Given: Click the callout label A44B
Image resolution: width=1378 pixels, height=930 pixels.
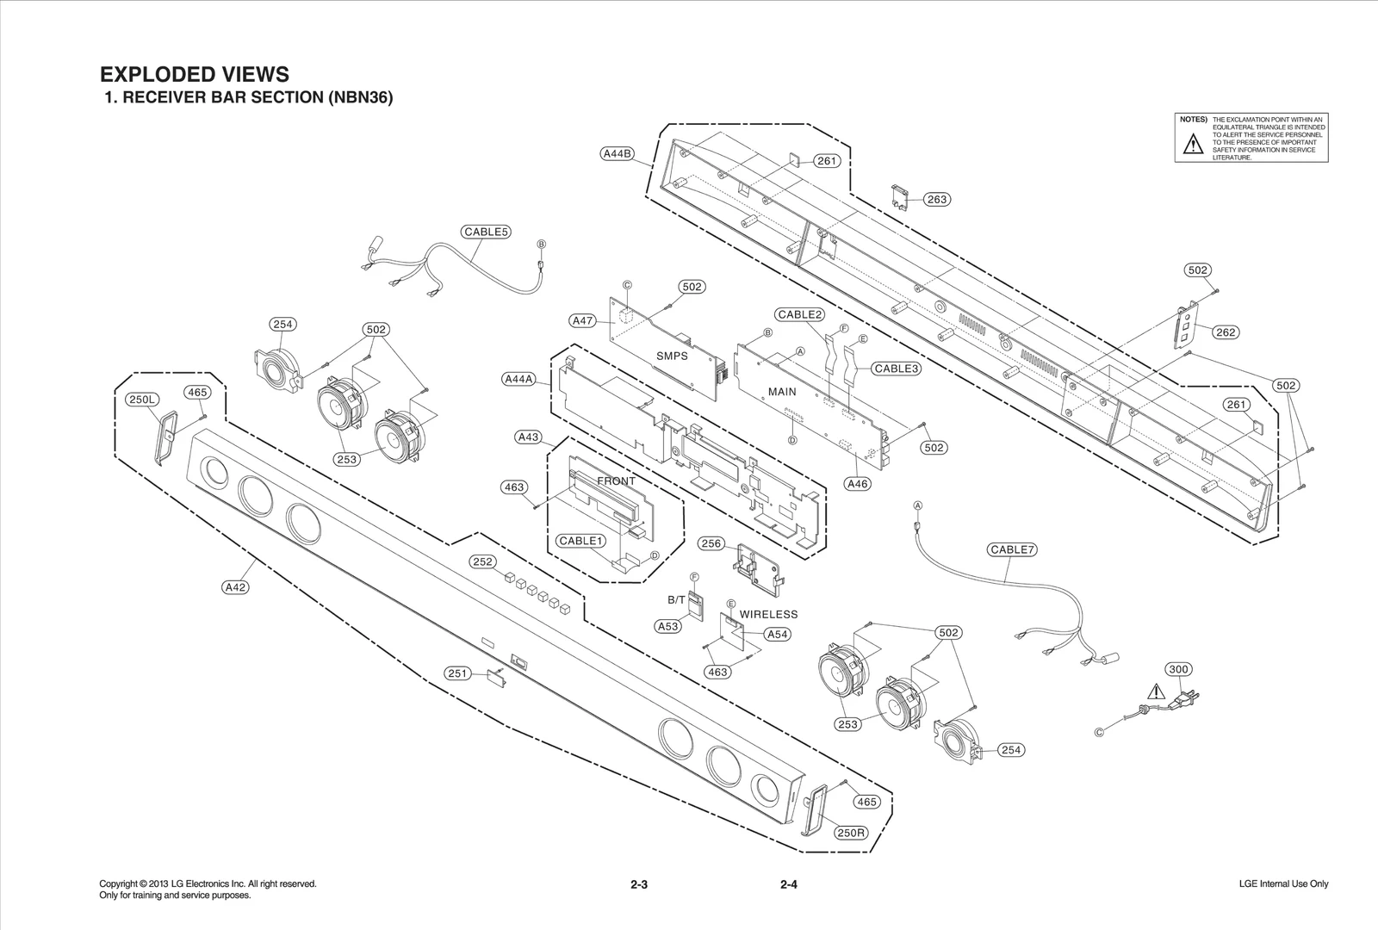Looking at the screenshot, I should [x=618, y=154].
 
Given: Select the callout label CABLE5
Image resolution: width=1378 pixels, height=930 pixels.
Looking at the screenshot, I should [x=487, y=232].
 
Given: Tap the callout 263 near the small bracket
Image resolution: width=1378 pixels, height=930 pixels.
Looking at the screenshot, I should [x=936, y=200].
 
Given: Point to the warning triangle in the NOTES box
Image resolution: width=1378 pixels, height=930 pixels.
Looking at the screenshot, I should [x=1192, y=145].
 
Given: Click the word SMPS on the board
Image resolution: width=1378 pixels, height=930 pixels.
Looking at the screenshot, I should [x=672, y=356].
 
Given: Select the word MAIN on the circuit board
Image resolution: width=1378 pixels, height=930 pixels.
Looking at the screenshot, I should [x=782, y=392].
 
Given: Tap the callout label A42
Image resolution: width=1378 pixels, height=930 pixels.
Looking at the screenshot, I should [x=235, y=587].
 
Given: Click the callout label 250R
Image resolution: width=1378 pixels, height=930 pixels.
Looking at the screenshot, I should [x=851, y=833].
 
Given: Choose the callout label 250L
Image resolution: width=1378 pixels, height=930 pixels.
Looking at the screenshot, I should [x=143, y=400].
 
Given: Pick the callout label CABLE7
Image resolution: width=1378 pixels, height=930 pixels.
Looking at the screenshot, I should [x=1012, y=549].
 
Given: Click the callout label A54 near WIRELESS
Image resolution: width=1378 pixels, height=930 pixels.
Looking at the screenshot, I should [x=777, y=634].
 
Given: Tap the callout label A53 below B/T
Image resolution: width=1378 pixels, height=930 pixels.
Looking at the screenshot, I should [x=668, y=627].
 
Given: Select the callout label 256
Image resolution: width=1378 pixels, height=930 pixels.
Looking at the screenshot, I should [x=711, y=543].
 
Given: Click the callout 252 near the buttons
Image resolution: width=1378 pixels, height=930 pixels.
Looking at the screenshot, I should [x=482, y=562].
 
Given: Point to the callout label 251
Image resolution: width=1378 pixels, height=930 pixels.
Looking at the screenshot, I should [x=458, y=673].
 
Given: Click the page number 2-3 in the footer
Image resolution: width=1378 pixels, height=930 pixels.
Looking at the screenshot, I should [x=638, y=884].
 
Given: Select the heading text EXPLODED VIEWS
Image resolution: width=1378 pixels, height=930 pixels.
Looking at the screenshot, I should [x=195, y=74].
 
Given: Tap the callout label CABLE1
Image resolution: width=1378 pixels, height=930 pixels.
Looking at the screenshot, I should [x=580, y=541].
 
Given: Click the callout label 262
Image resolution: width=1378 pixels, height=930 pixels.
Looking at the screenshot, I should [x=1226, y=332].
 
